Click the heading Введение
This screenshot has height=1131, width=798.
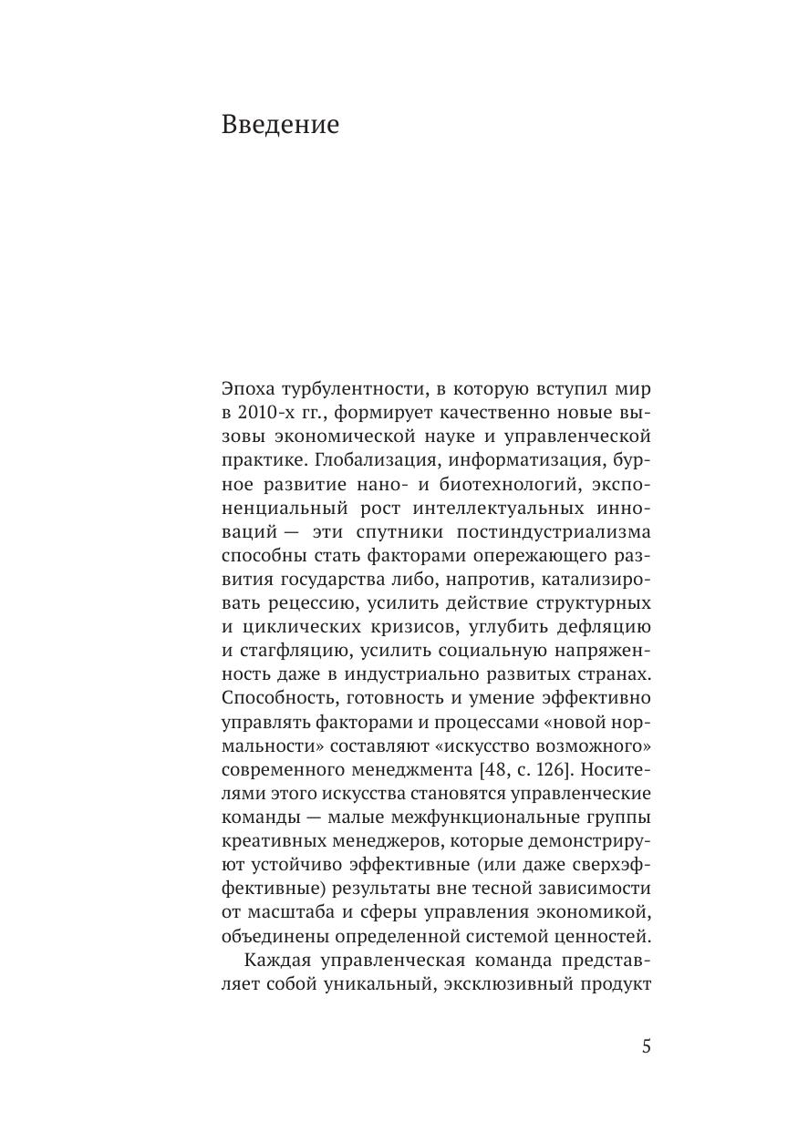tap(280, 124)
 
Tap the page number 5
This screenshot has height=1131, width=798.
tap(647, 1046)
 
